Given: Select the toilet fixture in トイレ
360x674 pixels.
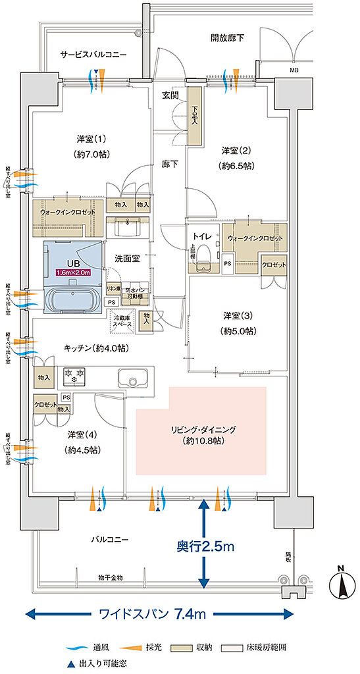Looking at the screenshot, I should pyautogui.click(x=207, y=257).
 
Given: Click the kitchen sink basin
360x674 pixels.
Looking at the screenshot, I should pyautogui.click(x=135, y=380).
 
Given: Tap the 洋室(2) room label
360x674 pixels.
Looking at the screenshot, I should pyautogui.click(x=237, y=158).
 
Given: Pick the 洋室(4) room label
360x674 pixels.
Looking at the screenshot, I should pyautogui.click(x=83, y=442).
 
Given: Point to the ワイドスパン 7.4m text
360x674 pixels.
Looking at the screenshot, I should pyautogui.click(x=152, y=614).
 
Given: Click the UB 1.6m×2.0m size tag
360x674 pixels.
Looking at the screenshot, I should pyautogui.click(x=74, y=272).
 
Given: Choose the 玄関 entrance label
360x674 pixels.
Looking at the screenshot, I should pyautogui.click(x=171, y=95).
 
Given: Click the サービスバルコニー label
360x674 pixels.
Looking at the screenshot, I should pyautogui.click(x=92, y=55).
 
